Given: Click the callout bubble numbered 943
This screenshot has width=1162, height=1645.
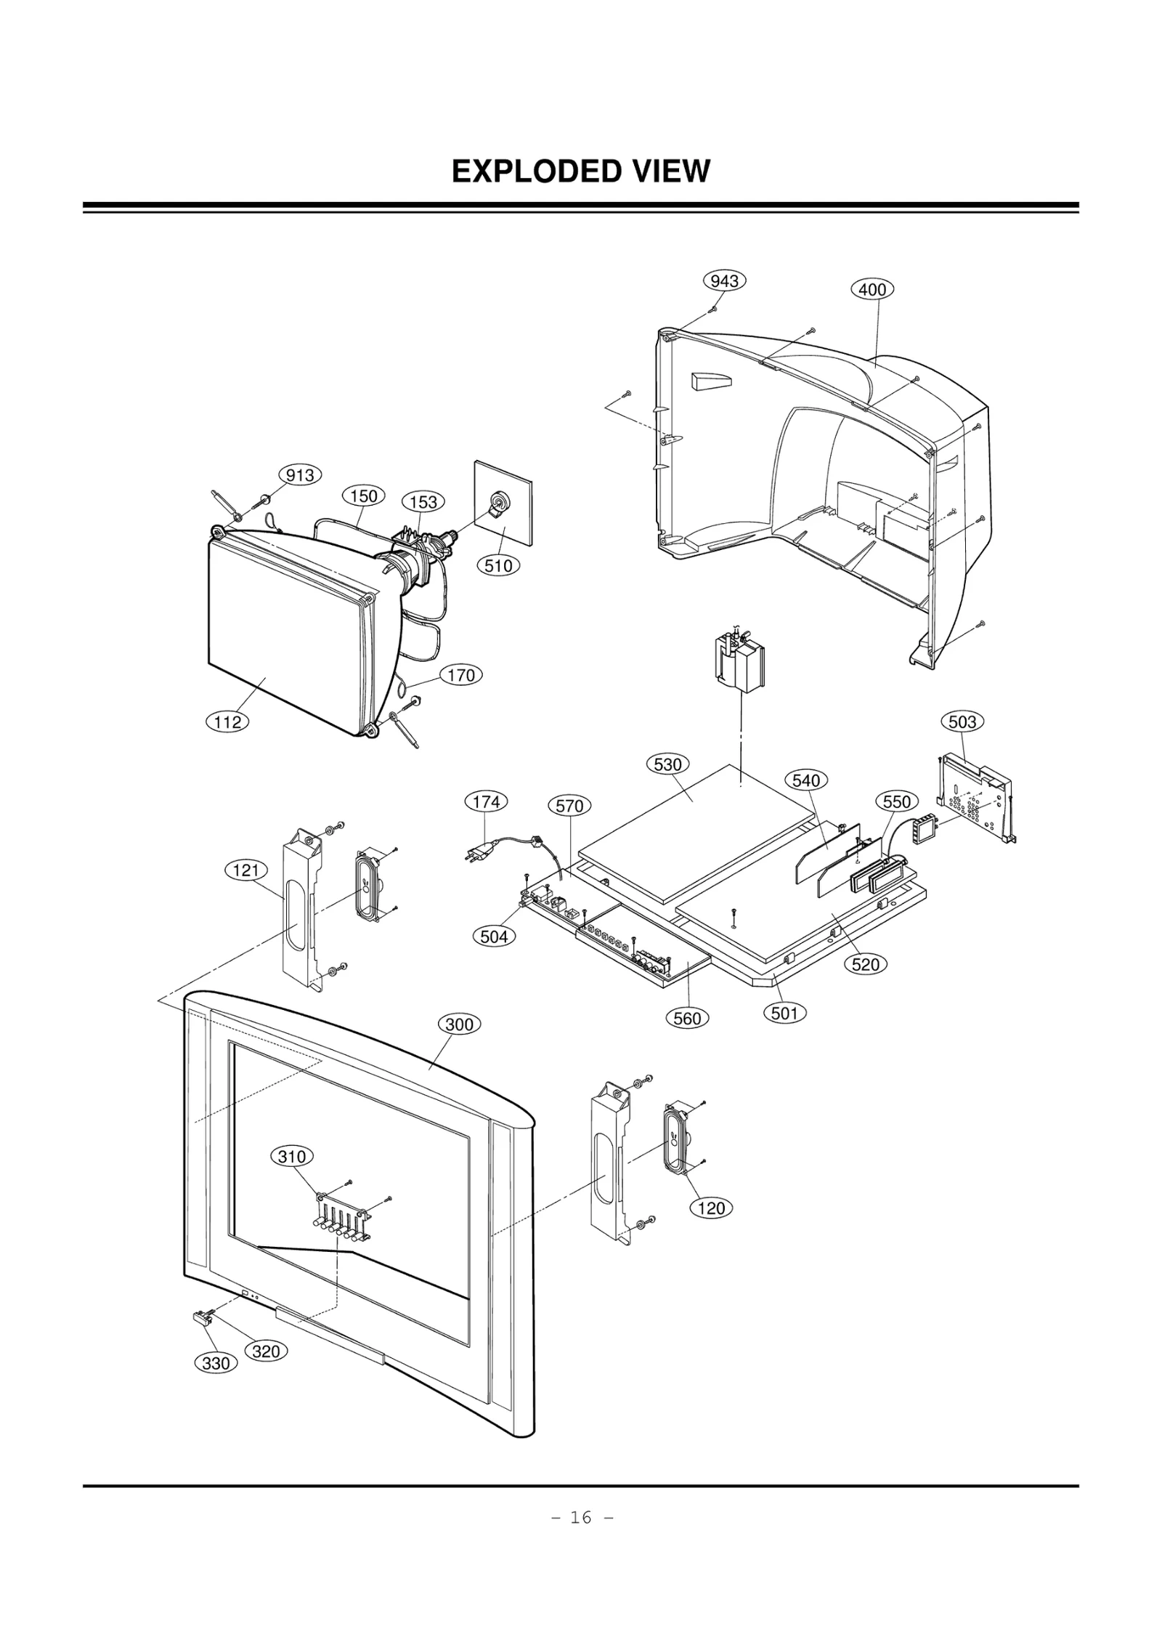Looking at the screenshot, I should (724, 281).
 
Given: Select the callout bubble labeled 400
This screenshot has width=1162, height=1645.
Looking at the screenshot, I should (871, 289).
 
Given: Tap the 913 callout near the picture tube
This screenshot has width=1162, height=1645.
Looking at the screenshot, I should (299, 475).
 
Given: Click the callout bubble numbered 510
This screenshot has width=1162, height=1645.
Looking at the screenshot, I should (498, 565).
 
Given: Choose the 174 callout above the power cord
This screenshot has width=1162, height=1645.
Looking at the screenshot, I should (485, 801).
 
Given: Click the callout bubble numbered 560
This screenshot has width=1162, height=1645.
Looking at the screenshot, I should (686, 1018).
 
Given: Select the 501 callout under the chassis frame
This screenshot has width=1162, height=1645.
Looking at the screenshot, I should (784, 1013).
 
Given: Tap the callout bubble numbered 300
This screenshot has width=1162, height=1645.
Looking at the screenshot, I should (458, 1024).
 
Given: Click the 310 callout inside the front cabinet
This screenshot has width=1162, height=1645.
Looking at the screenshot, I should (292, 1157).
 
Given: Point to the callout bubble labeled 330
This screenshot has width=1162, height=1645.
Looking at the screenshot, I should (216, 1364).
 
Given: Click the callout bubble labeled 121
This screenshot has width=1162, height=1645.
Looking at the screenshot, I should (245, 870).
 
